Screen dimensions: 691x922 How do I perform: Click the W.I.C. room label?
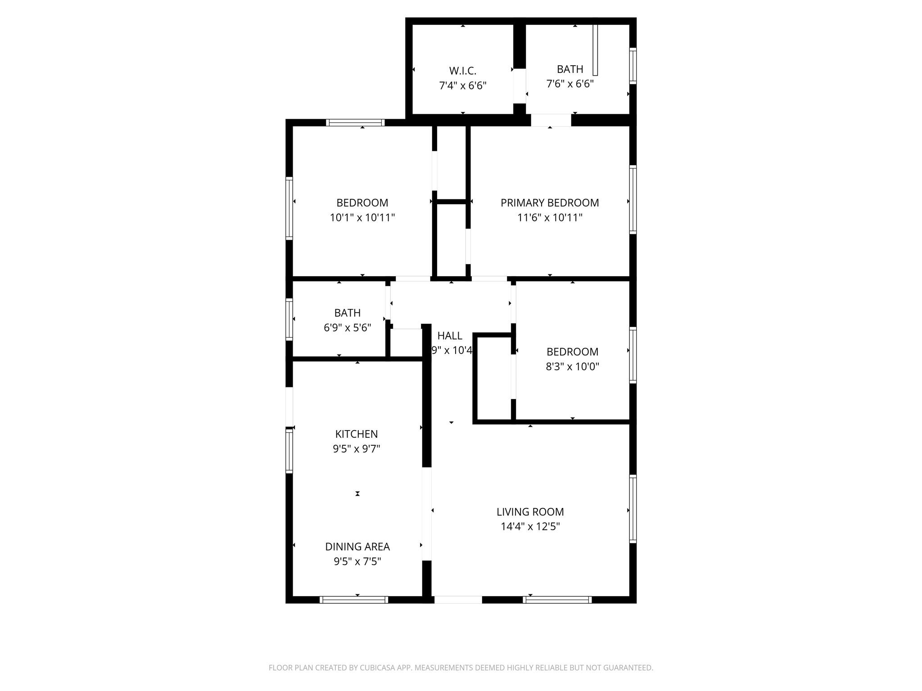point(462,71)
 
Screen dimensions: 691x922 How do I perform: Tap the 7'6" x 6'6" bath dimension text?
point(570,84)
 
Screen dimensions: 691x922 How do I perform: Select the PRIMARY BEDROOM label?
point(550,203)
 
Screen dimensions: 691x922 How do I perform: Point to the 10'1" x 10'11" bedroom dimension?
point(362,218)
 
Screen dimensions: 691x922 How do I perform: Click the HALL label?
point(450,336)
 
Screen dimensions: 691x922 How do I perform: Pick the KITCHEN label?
point(357,434)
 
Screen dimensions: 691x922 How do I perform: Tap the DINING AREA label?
point(357,547)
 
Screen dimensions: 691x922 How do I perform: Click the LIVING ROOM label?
point(530,512)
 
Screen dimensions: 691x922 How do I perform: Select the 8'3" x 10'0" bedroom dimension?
point(572,367)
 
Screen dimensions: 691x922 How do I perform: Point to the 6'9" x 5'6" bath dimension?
point(347,328)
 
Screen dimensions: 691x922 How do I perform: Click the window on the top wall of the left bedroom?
point(355,122)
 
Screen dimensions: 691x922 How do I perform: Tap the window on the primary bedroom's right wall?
point(633,199)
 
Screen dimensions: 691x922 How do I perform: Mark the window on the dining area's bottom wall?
point(354,599)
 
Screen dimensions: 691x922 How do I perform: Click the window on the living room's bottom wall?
point(557,599)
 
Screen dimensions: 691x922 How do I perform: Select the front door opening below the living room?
point(458,599)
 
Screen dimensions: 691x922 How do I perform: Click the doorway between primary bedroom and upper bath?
point(551,120)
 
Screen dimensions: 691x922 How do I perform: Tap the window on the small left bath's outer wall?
point(289,319)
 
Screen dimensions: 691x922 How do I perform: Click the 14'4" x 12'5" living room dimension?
point(530,526)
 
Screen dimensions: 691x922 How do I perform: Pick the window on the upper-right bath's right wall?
point(633,66)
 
